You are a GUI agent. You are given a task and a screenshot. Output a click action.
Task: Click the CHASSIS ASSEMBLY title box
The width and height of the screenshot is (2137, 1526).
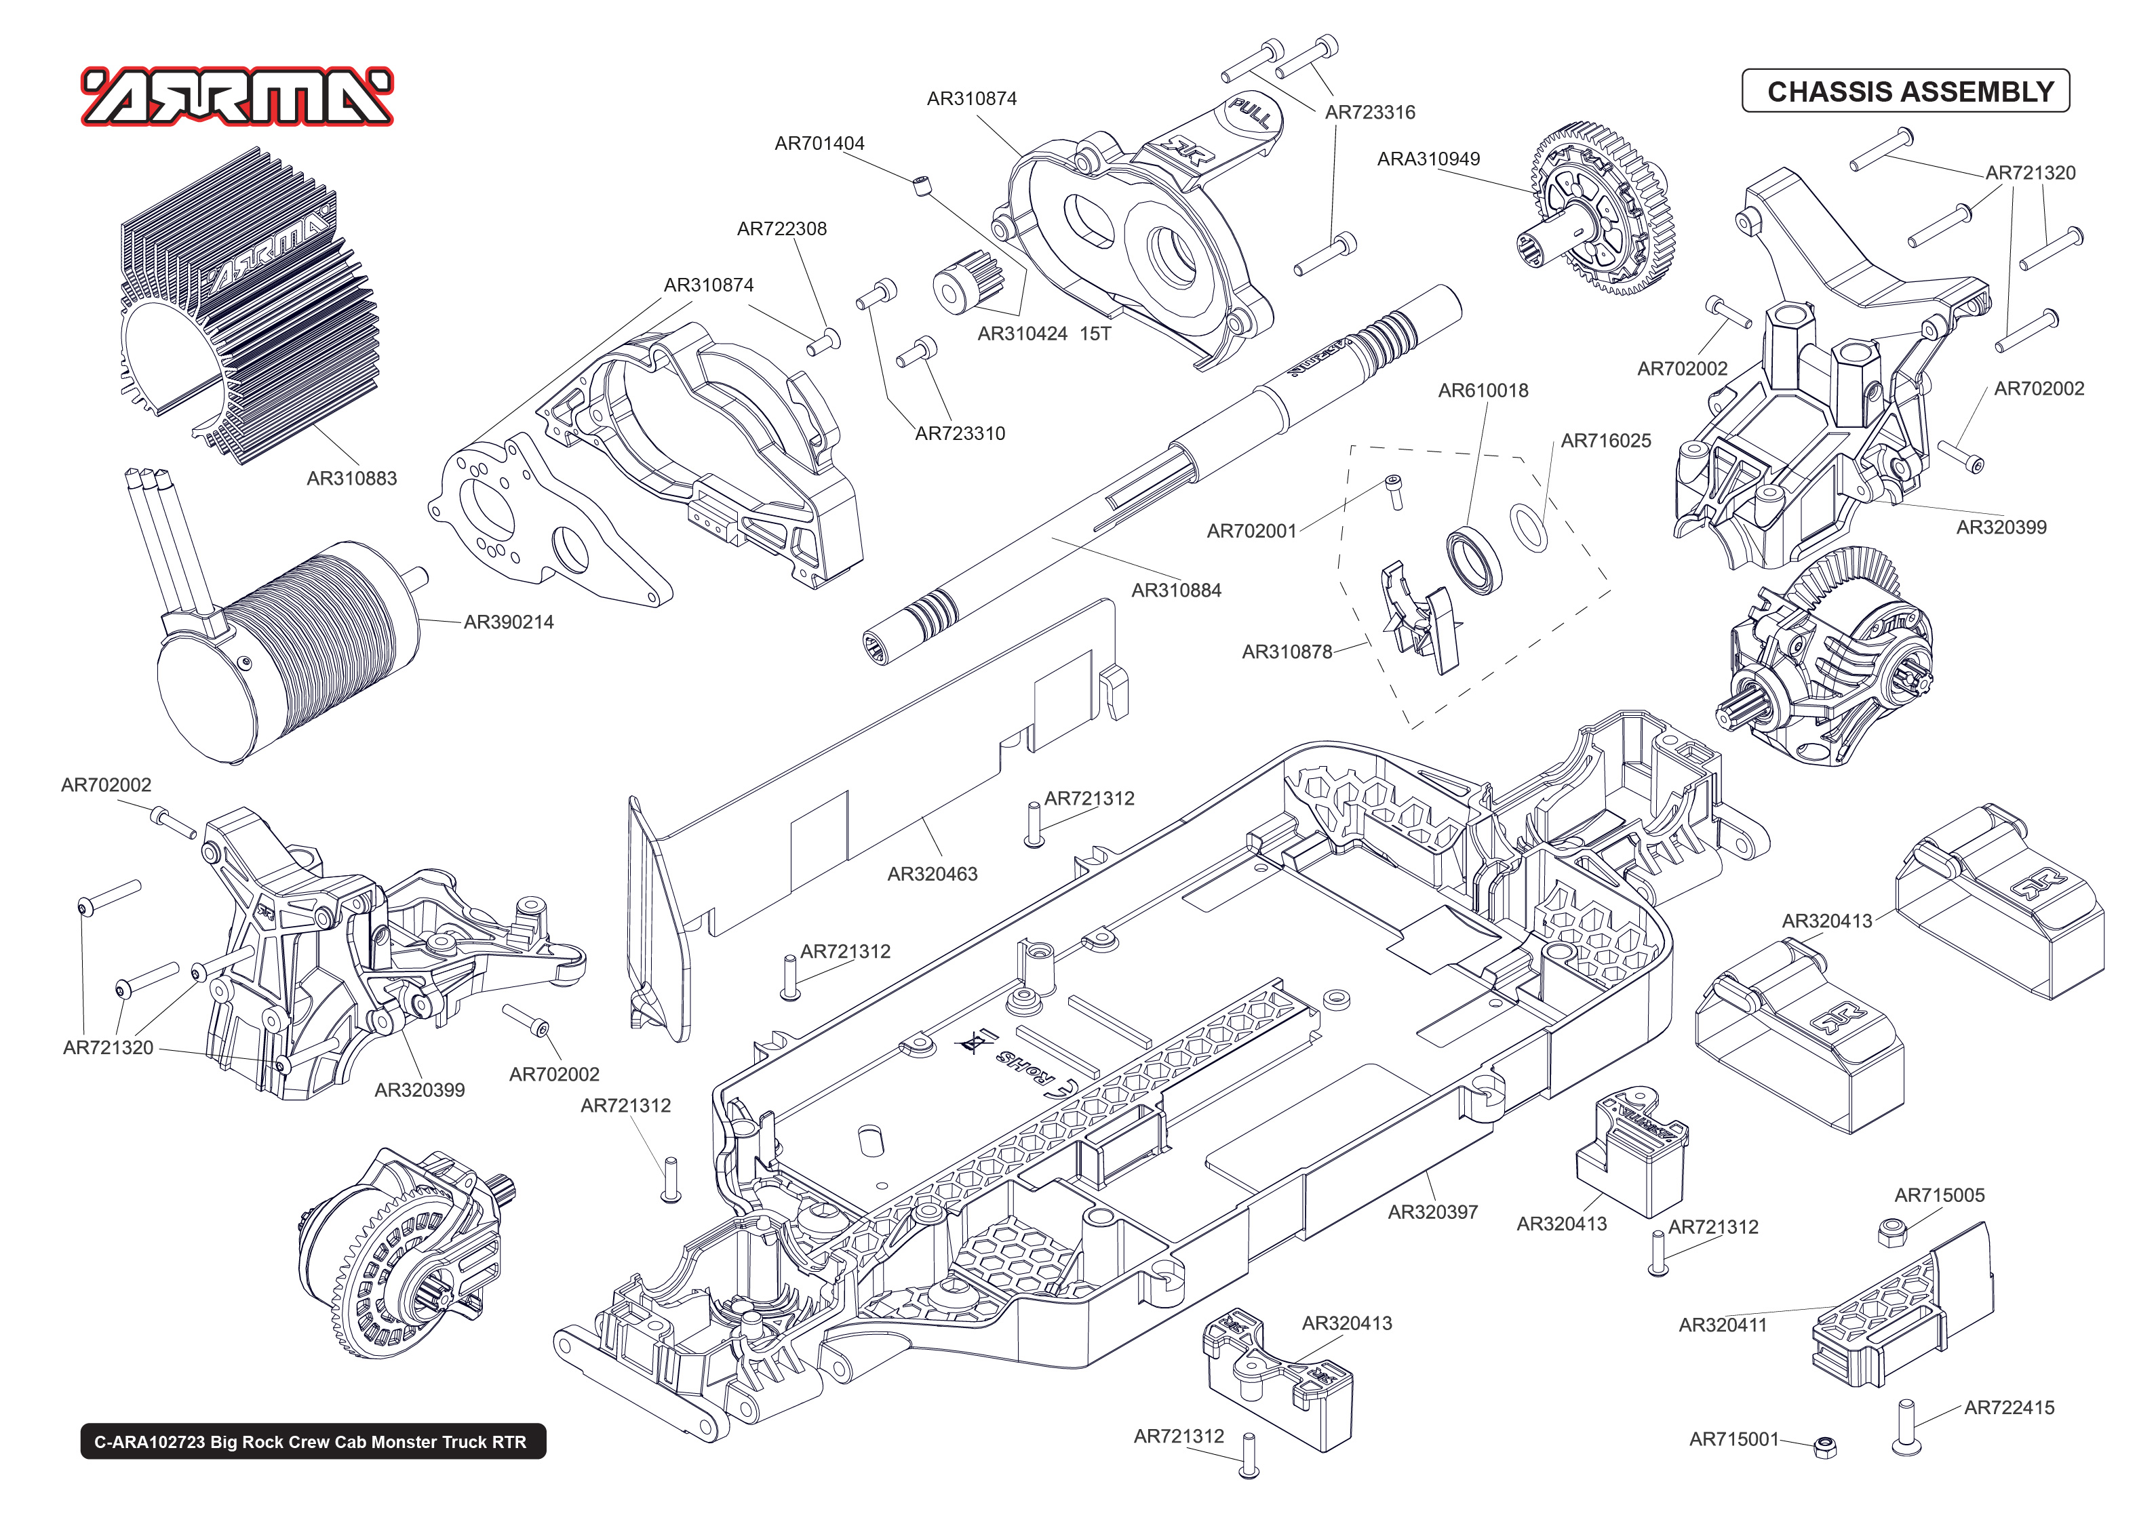[1905, 91]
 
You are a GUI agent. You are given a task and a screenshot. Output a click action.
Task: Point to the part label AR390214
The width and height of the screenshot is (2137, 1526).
[509, 622]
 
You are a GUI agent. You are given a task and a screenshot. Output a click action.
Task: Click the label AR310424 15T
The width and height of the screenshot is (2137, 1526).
[1044, 334]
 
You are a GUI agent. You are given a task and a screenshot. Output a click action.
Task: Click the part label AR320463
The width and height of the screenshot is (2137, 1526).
[933, 874]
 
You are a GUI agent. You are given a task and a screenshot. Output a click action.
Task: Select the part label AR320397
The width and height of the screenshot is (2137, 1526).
[1432, 1212]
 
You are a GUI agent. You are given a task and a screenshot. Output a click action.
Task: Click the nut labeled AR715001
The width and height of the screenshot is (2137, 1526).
[1825, 1447]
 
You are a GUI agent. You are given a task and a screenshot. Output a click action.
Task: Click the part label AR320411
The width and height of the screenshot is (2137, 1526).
[1723, 1325]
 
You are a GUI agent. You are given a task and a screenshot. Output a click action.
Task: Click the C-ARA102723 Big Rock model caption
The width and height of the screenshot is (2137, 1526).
[312, 1441]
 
